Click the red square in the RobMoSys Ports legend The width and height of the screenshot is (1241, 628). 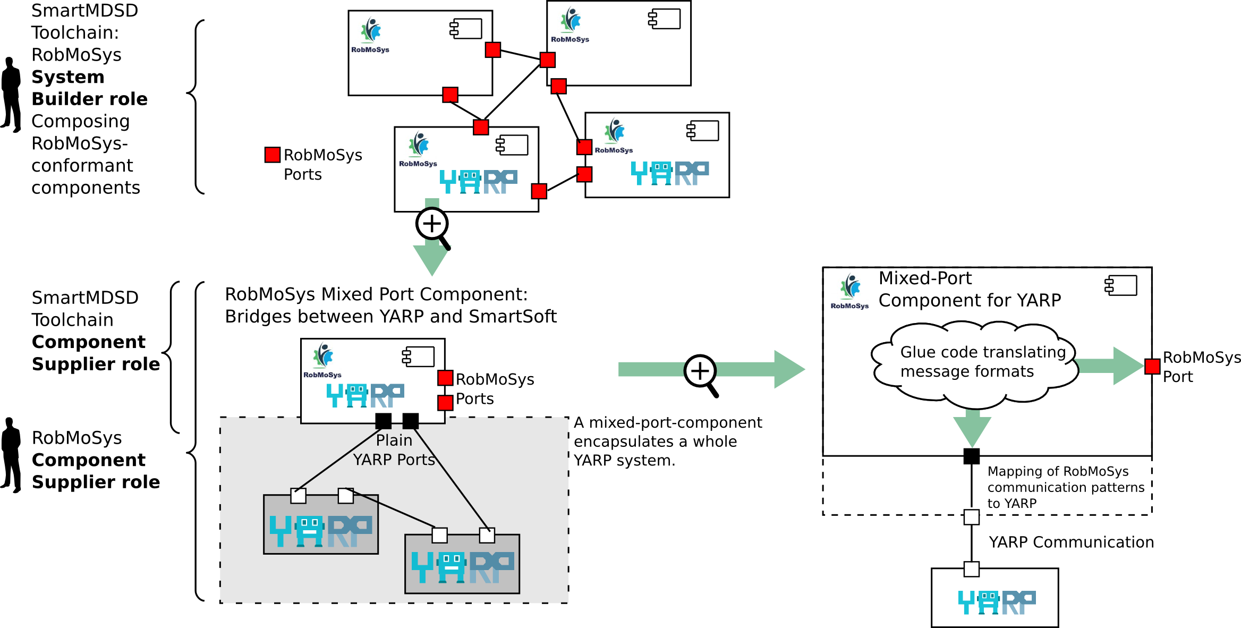coord(272,155)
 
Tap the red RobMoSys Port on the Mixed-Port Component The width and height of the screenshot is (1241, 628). coord(1152,366)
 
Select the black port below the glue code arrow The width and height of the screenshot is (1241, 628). coord(971,456)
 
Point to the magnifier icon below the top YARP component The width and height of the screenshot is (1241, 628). coord(433,226)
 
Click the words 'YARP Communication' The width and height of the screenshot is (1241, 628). coord(1070,542)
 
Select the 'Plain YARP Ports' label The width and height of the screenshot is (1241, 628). coord(394,450)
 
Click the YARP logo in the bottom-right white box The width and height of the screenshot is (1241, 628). coord(996,602)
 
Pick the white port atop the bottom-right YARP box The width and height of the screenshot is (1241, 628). coord(971,569)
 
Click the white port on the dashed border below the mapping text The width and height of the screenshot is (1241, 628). coord(971,516)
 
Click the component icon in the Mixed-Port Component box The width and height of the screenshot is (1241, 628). coord(1120,285)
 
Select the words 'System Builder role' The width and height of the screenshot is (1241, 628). coord(89,88)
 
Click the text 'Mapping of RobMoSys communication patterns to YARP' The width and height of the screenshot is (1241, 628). coord(1065,487)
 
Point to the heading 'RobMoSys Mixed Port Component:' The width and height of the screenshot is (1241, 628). coord(376,294)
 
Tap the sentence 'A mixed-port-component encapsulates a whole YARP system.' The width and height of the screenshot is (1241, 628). coord(667,441)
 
